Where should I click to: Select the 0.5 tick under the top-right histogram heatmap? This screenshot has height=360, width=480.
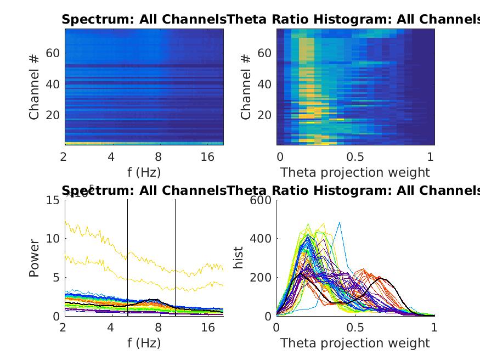click(x=355, y=157)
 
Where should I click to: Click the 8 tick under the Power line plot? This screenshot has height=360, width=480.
click(x=159, y=328)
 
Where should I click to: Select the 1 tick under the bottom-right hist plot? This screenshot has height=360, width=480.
click(x=434, y=328)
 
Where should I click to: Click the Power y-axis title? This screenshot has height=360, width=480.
click(x=35, y=257)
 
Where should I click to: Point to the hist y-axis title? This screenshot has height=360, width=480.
click(x=239, y=258)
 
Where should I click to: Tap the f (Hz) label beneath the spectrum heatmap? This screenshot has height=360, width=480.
click(x=144, y=172)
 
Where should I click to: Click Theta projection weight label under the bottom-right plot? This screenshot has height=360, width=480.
click(x=355, y=344)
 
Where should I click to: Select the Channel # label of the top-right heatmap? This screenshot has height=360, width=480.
click(x=246, y=86)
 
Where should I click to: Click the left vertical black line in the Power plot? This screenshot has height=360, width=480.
click(x=128, y=258)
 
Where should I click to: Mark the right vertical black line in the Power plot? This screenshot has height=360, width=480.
click(x=176, y=258)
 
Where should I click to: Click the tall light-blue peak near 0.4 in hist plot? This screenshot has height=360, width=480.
click(x=340, y=223)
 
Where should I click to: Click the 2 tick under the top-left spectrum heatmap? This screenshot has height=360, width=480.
click(x=64, y=157)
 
